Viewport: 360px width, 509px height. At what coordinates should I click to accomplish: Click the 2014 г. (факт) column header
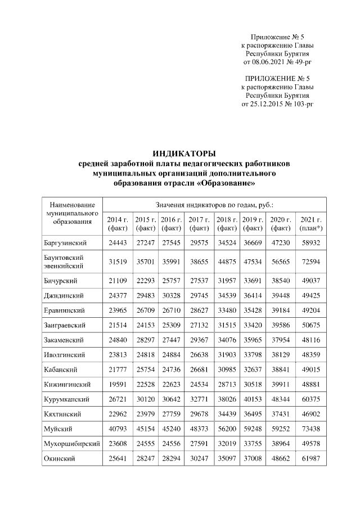tap(118, 224)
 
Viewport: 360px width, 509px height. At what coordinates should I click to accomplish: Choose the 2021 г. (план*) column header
tap(310, 224)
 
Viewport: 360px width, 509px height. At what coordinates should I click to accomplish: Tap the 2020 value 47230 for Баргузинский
tap(280, 242)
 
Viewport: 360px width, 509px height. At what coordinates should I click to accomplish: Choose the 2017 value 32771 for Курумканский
tap(199, 399)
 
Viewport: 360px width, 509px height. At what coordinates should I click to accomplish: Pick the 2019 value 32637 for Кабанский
tap(253, 370)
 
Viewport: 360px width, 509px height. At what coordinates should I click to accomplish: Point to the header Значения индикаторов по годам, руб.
tap(217, 206)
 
